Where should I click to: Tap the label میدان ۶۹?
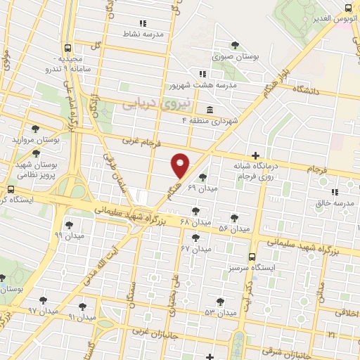pyautogui.click(x=203, y=188)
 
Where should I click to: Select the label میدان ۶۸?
pyautogui.click(x=195, y=222)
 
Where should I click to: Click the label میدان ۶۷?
pyautogui.click(x=195, y=249)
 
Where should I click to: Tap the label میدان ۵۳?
pyautogui.click(x=220, y=311)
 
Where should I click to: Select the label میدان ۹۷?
pyautogui.click(x=41, y=310)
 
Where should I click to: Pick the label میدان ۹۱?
pyautogui.click(x=82, y=317)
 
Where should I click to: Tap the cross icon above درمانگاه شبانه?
pyautogui.click(x=255, y=155)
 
